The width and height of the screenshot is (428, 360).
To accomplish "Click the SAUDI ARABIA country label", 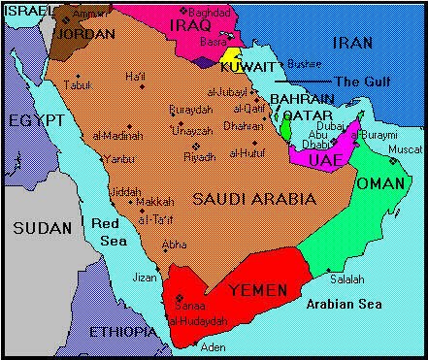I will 254,198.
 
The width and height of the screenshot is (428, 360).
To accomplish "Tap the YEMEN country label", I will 259,288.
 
